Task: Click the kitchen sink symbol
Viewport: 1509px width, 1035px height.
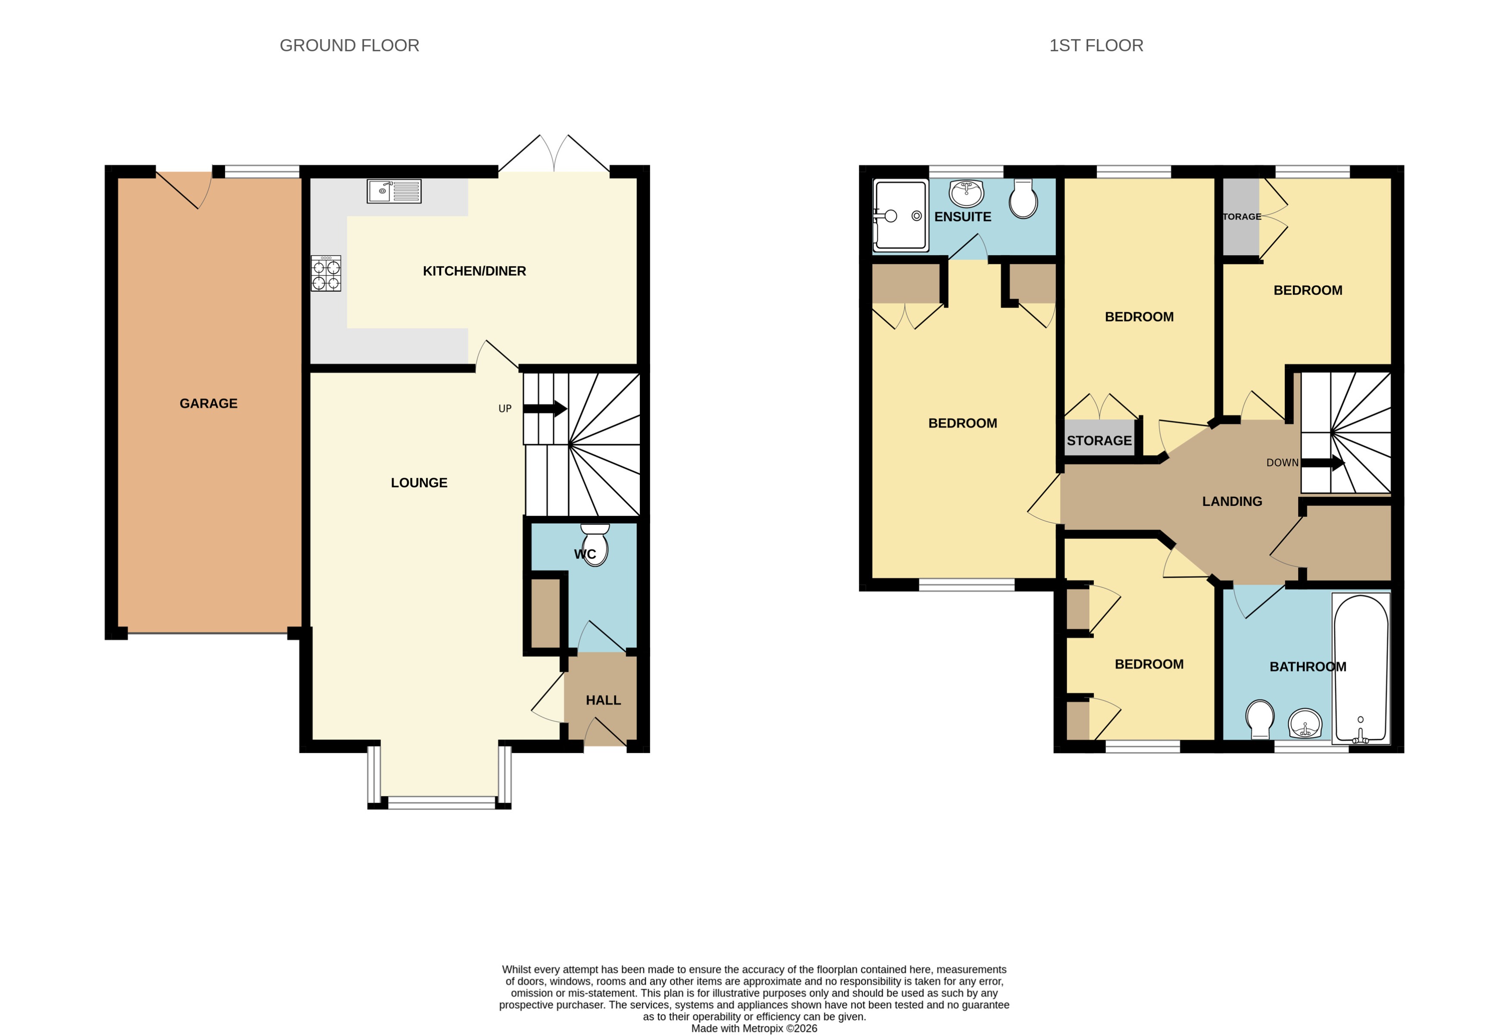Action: tap(394, 191)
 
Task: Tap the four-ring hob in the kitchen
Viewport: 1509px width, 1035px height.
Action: tap(326, 273)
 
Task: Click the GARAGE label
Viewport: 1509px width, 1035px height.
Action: tap(208, 403)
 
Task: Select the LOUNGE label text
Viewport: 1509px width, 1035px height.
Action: tap(419, 483)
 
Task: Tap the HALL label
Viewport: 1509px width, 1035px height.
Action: tap(603, 700)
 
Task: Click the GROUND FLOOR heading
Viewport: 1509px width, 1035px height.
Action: tap(349, 45)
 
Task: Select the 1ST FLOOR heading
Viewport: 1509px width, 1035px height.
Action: tap(1096, 45)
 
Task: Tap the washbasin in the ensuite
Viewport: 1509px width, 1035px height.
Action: tap(966, 193)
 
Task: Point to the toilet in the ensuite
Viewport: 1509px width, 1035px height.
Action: tap(1023, 199)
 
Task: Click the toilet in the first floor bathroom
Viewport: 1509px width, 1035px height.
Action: tap(1260, 718)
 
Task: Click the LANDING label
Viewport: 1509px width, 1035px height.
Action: tap(1232, 501)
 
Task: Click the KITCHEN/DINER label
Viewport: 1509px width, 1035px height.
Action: tap(474, 271)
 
